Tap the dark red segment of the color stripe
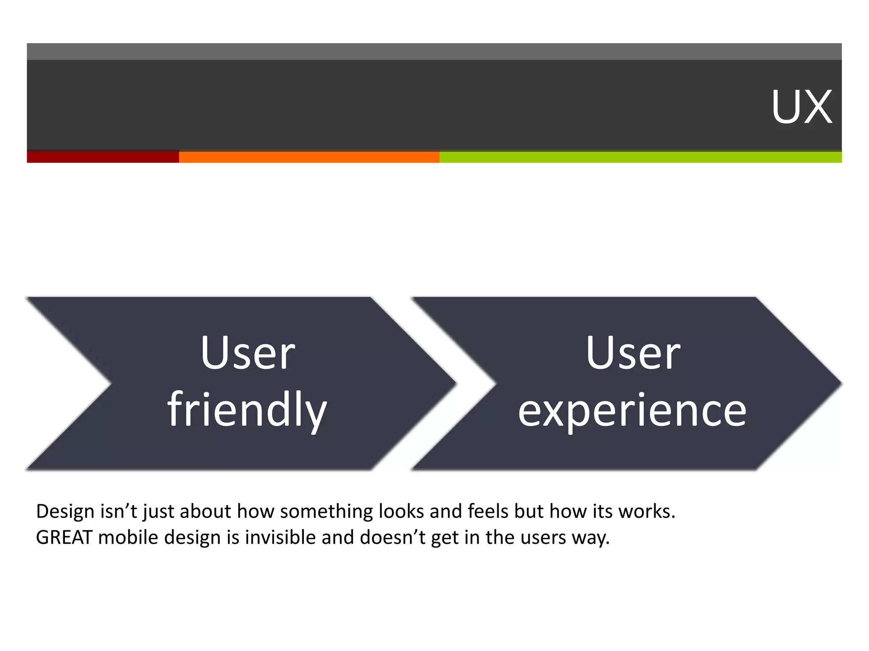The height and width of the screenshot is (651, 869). tap(103, 156)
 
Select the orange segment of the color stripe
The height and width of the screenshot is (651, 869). tap(309, 156)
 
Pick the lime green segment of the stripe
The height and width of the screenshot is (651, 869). tap(640, 156)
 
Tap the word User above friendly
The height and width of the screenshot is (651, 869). tap(248, 353)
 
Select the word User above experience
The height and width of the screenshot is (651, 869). tap(633, 353)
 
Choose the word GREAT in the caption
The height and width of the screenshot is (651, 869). tap(64, 537)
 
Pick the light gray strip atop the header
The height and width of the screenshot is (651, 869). tap(434, 51)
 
